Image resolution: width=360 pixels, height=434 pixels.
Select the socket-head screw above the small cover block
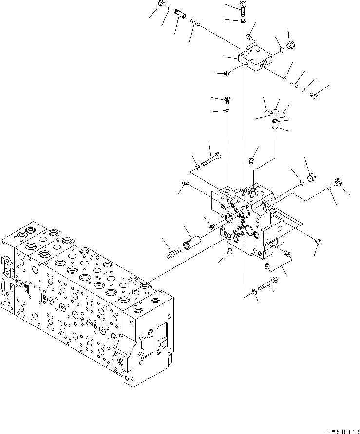pos(243,7)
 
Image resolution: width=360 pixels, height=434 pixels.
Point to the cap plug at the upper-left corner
pos(161,5)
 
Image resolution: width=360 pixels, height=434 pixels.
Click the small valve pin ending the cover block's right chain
pos(314,96)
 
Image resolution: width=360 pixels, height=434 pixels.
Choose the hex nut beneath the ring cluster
pos(276,121)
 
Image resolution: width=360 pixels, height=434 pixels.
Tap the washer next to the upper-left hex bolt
pos(198,168)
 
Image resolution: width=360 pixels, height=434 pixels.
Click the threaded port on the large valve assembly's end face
pos(120,362)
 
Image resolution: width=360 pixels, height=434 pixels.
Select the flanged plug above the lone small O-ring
pos(227,100)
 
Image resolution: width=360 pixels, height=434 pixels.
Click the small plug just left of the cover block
pos(227,74)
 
